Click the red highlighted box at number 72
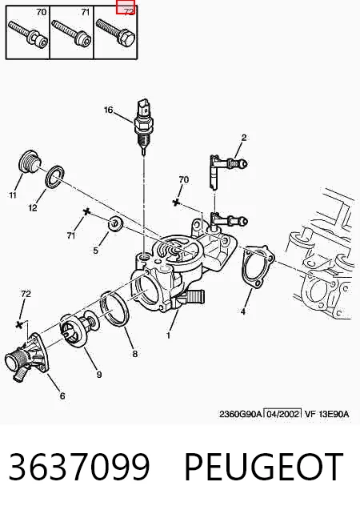pos(126,7)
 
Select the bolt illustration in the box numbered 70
pos(28,34)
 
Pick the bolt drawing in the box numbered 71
pos(72,34)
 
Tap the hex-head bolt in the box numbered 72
pos(116,33)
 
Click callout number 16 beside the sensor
pos(108,110)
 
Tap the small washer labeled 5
pos(115,223)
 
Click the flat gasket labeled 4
pos(258,267)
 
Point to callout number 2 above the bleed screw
pos(244,138)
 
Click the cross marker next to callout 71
pos(86,211)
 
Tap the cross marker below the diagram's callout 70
pos(176,203)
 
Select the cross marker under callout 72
pos(19,324)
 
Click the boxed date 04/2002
pos(282,414)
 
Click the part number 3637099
pos(79,466)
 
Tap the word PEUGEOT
pos(263,466)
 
